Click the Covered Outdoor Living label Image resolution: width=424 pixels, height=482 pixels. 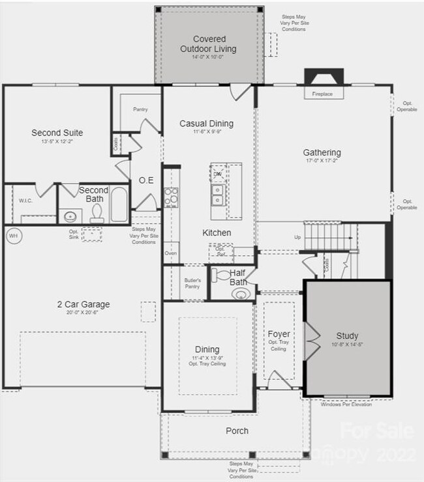[209, 44]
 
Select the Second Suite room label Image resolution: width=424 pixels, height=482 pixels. [57, 133]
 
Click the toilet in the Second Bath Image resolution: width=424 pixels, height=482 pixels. [97, 213]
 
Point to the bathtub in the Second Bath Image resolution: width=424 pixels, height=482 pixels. [119, 205]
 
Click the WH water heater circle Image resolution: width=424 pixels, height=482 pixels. [12, 234]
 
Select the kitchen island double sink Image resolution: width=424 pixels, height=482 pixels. [218, 193]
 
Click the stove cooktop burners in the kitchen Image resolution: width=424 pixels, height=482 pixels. [171, 197]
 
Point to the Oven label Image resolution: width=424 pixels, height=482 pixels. [171, 253]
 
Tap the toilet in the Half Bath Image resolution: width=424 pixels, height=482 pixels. [240, 293]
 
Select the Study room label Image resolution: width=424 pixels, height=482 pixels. [346, 335]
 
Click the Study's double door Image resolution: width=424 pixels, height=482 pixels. [312, 339]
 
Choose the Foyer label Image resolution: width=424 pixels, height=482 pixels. [279, 334]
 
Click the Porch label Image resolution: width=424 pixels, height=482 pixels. [237, 431]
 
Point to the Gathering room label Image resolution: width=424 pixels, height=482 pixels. [322, 153]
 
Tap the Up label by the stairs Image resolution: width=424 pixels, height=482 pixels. [297, 237]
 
